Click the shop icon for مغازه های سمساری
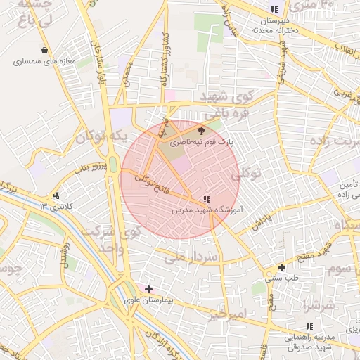click(46, 51)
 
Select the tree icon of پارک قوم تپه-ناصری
click(202, 130)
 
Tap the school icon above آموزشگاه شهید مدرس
click(206, 199)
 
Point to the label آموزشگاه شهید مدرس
click(207, 210)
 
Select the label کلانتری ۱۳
click(57, 206)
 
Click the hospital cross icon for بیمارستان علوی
click(148, 289)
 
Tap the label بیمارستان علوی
click(148, 300)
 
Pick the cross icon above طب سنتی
click(281, 267)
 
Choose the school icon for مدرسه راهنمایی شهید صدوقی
click(309, 326)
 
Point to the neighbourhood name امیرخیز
click(226, 314)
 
